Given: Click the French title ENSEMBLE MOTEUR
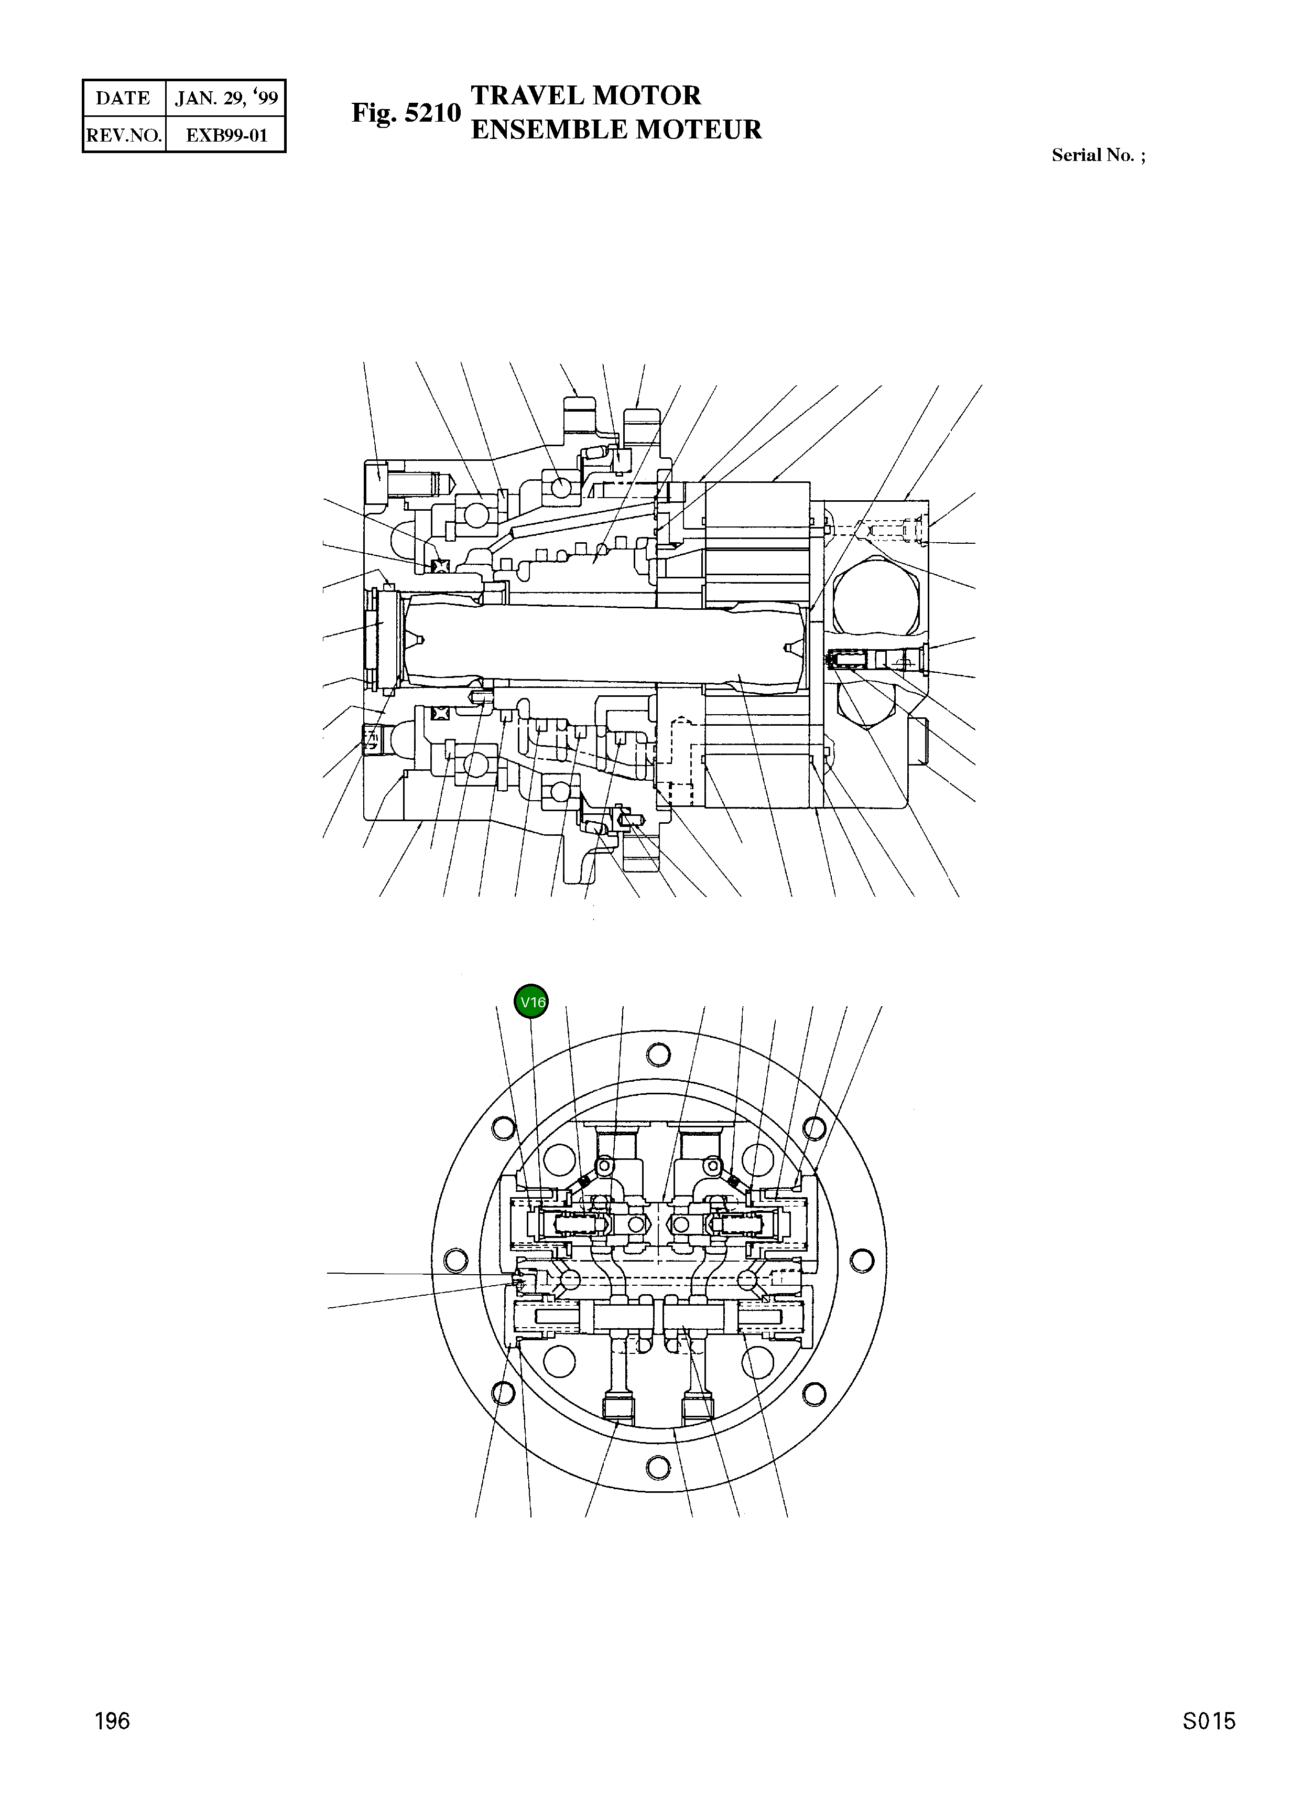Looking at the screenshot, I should point(616,129).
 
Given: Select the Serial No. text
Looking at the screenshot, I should point(1097,155).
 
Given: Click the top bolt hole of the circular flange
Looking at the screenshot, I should point(658,1054).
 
